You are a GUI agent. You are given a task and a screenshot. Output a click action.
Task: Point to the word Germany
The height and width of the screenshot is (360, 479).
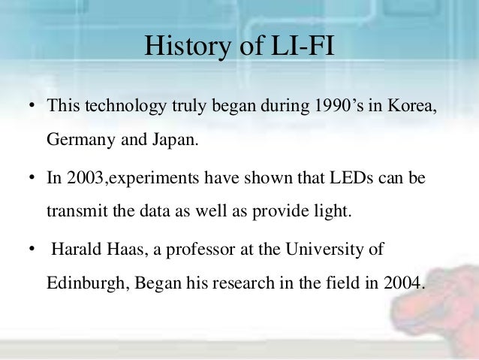tap(80, 139)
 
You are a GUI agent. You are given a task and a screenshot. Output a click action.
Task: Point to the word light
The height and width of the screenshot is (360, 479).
tap(333, 211)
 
